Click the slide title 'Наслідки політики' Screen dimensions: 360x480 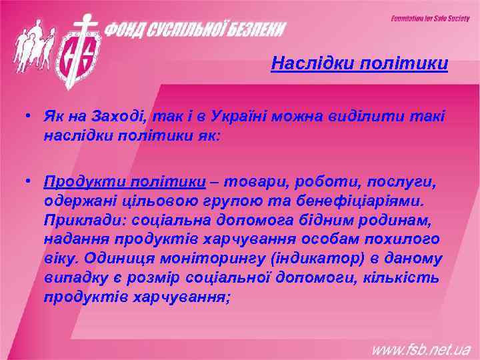click(359, 65)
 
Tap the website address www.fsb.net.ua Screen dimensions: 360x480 click(421, 349)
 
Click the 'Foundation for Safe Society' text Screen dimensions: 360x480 click(430, 19)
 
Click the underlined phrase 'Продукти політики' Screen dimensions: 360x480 click(125, 182)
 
